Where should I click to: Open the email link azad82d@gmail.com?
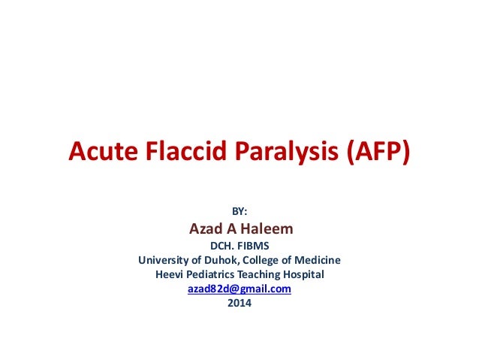(x=239, y=289)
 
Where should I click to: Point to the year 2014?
(x=239, y=304)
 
